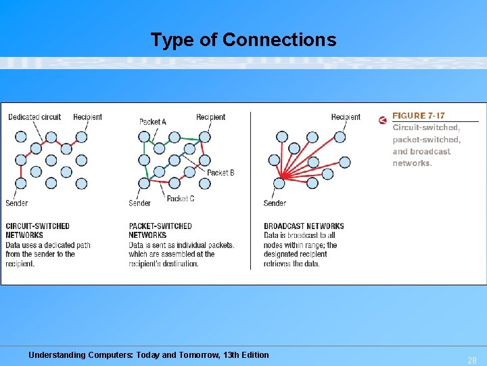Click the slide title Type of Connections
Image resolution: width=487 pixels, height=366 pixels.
[x=243, y=40]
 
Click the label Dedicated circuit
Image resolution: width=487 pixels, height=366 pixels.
[x=34, y=117]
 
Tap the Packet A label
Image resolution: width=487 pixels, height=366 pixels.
[x=153, y=122]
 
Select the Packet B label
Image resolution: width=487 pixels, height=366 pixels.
[x=221, y=173]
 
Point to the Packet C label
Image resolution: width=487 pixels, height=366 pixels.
[x=181, y=199]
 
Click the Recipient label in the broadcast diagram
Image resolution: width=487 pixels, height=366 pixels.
[x=346, y=117]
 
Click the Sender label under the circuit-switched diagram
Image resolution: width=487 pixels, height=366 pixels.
[x=17, y=203]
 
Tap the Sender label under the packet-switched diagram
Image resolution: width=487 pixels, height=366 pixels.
[x=140, y=203]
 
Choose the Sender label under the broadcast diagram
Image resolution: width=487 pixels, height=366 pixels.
[x=275, y=203]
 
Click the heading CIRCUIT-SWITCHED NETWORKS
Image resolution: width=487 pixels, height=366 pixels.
[x=37, y=230]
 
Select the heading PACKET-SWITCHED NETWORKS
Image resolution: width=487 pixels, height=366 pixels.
[x=160, y=230]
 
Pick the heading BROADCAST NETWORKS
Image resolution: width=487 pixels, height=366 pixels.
[x=304, y=226]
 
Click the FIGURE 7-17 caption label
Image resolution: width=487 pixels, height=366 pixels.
[x=419, y=116]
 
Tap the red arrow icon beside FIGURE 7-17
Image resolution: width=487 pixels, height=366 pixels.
[x=383, y=121]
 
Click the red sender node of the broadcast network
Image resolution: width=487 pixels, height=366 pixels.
[x=280, y=182]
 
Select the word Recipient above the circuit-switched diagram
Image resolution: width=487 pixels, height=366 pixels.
[x=87, y=117]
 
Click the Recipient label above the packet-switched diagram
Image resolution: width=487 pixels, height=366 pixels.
[x=210, y=117]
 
